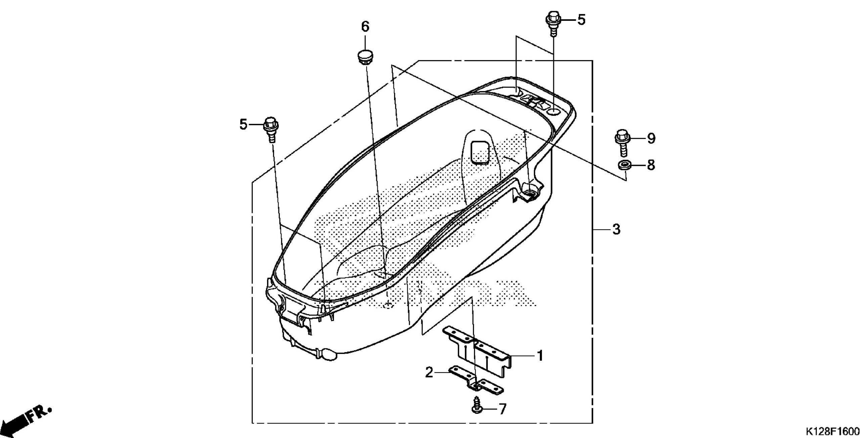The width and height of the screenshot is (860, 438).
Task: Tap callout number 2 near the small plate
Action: (429, 372)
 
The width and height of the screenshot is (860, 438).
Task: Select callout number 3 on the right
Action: (616, 229)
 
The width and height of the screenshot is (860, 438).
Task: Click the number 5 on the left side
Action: (243, 125)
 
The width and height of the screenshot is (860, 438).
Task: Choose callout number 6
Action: (365, 27)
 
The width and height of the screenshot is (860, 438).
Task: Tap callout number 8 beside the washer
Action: (651, 165)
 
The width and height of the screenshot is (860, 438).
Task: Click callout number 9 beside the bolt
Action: (651, 138)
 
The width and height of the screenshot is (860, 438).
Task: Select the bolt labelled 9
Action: (622, 142)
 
